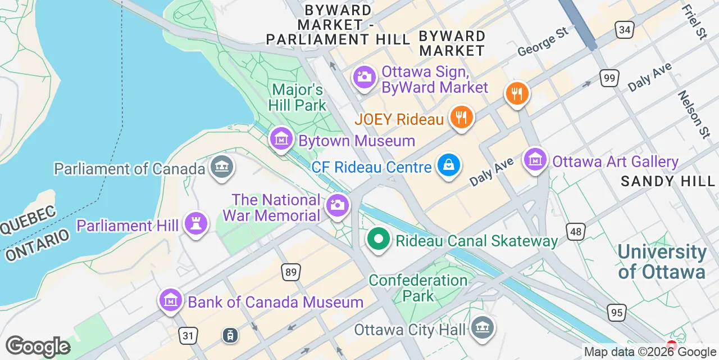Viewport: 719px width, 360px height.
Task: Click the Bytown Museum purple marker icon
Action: (280, 138)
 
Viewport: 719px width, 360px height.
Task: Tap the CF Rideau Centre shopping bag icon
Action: (449, 165)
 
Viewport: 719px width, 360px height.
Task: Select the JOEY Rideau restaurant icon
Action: (462, 117)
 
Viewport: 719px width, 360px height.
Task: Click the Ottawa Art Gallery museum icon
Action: (535, 160)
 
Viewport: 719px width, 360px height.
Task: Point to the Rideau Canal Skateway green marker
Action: (379, 238)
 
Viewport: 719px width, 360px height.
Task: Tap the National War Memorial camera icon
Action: (337, 205)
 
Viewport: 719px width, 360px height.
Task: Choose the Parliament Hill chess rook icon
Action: (195, 223)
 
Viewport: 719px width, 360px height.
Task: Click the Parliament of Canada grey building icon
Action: (222, 166)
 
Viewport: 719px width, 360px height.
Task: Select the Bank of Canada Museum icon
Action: (170, 300)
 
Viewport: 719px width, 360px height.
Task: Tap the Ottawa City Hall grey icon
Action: (482, 327)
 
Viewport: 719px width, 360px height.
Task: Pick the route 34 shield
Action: (625, 29)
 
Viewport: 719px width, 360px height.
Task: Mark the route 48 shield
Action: (576, 231)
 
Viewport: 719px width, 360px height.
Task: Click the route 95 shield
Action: (616, 312)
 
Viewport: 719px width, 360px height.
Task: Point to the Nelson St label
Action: (693, 115)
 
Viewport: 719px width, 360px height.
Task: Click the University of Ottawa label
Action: (662, 262)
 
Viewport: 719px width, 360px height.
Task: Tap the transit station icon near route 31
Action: (230, 335)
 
